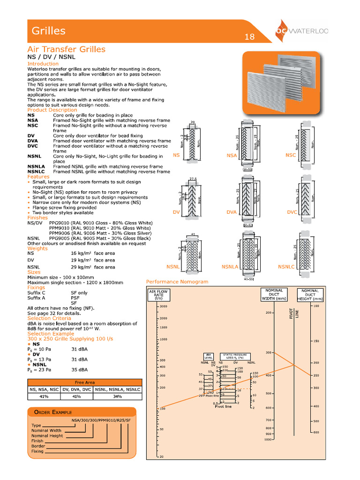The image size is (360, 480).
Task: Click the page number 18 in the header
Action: point(249,37)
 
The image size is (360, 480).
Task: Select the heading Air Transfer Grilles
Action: point(66,49)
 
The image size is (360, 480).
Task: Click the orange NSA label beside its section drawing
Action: point(232,155)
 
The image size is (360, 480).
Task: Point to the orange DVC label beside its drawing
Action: point(292,212)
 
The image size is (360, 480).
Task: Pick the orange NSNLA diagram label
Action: point(231,267)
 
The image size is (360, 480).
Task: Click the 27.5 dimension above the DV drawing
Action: point(192,179)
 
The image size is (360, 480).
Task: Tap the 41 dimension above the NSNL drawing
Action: point(192,234)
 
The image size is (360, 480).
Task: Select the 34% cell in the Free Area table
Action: point(117,397)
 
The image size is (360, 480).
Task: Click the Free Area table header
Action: point(84,382)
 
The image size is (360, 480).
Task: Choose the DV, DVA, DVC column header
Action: point(77,390)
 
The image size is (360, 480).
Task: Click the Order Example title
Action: point(52,412)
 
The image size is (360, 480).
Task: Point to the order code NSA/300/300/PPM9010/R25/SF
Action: point(101,420)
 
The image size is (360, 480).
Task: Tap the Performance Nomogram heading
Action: point(177,282)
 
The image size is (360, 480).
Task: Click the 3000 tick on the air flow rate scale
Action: point(163,306)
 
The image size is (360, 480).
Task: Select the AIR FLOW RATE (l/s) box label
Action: point(158,294)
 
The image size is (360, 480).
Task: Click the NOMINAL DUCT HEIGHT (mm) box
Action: point(310,294)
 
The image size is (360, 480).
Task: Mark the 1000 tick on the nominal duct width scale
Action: point(268,440)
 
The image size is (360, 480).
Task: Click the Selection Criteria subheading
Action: point(49,318)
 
